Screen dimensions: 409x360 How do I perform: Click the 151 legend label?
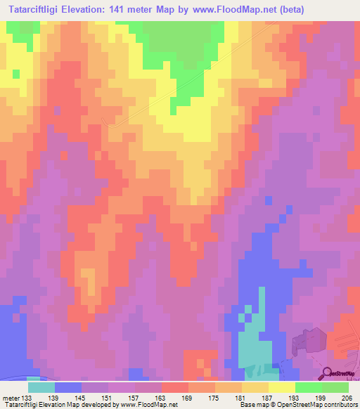108,398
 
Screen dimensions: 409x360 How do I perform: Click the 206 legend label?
346,398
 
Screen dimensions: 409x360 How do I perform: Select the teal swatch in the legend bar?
41,387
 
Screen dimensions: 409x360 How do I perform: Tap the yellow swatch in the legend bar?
282,387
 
